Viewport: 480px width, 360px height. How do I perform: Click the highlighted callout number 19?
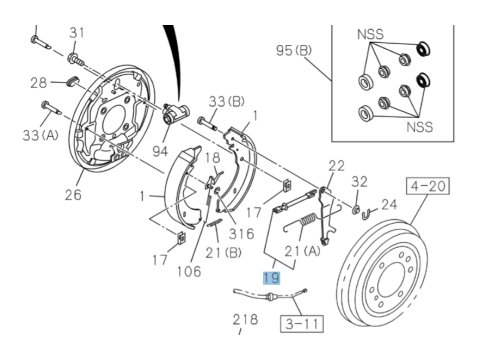pyautogui.click(x=272, y=278)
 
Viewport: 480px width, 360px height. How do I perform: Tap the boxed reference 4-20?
pyautogui.click(x=428, y=186)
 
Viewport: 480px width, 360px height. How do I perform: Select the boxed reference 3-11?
pyautogui.click(x=302, y=323)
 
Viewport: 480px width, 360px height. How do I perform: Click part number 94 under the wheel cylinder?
pyautogui.click(x=160, y=152)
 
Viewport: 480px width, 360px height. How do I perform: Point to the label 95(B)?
pyautogui.click(x=294, y=50)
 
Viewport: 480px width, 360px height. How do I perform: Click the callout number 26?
pyautogui.click(x=73, y=195)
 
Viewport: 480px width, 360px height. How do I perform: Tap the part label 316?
pyautogui.click(x=241, y=234)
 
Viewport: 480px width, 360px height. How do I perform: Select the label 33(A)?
pyautogui.click(x=40, y=135)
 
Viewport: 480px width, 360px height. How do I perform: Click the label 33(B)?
pyautogui.click(x=227, y=101)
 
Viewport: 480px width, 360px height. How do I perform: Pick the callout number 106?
pyautogui.click(x=189, y=271)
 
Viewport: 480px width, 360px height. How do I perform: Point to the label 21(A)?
pyautogui.click(x=303, y=251)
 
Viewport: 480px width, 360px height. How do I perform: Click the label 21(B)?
pyautogui.click(x=223, y=253)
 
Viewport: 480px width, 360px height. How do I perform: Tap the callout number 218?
pyautogui.click(x=245, y=319)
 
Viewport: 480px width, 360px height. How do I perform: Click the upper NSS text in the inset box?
pyautogui.click(x=370, y=34)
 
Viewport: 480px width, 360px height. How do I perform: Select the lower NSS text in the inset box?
pyautogui.click(x=420, y=127)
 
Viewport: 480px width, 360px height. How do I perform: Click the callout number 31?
pyautogui.click(x=77, y=33)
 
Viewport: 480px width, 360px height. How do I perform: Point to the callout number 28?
pyautogui.click(x=39, y=83)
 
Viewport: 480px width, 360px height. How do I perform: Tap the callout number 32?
pyautogui.click(x=359, y=181)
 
